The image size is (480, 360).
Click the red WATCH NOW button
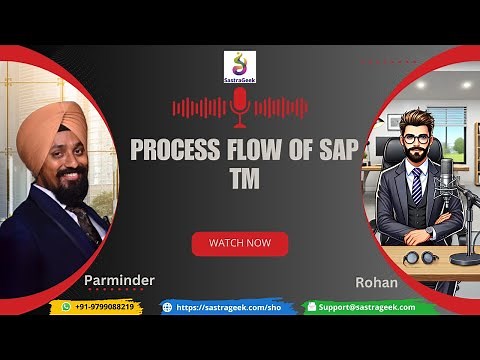[x=239, y=243]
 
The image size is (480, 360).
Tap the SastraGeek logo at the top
[x=239, y=67]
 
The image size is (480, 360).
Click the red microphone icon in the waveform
[x=239, y=104]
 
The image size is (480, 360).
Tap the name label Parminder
[x=119, y=281]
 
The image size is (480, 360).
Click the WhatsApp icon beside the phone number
[x=67, y=307]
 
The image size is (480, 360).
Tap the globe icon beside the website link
[x=168, y=307]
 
